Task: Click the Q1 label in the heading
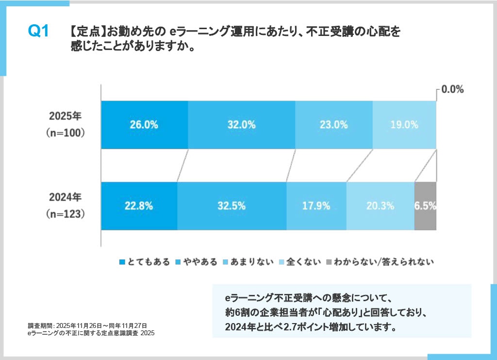(x=38, y=32)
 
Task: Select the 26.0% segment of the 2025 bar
(x=144, y=124)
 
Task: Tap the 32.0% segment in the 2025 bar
(x=241, y=124)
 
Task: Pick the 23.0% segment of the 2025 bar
(x=333, y=124)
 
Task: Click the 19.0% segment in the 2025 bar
(x=404, y=124)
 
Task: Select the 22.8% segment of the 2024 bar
(x=139, y=206)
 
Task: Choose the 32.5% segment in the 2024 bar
(x=232, y=206)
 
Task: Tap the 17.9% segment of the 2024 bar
(x=316, y=206)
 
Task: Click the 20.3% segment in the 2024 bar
(x=380, y=206)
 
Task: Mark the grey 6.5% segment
(x=425, y=206)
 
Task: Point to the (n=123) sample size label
(x=66, y=213)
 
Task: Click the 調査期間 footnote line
(x=87, y=325)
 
